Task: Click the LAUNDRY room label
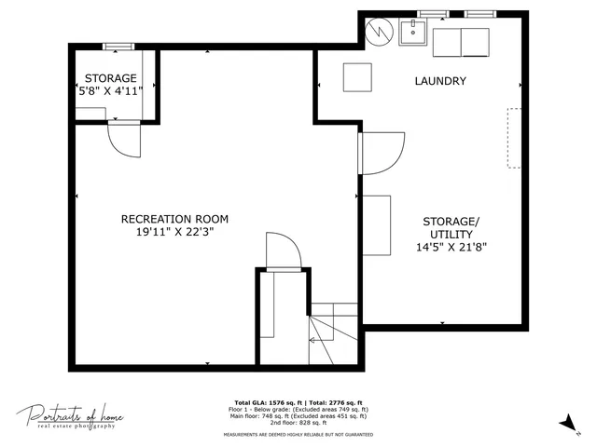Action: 439,81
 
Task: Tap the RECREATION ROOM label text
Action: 174,219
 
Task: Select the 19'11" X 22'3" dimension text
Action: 174,233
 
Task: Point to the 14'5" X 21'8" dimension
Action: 451,248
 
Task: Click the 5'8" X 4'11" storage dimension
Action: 111,92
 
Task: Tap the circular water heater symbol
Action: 379,32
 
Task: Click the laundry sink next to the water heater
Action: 412,33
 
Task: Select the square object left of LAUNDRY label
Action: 357,76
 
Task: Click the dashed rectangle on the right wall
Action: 514,138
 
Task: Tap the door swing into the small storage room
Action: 123,141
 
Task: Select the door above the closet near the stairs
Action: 282,251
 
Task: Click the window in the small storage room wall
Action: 118,47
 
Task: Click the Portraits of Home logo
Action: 69,416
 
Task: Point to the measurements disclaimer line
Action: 298,434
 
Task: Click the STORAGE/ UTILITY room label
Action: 451,227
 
